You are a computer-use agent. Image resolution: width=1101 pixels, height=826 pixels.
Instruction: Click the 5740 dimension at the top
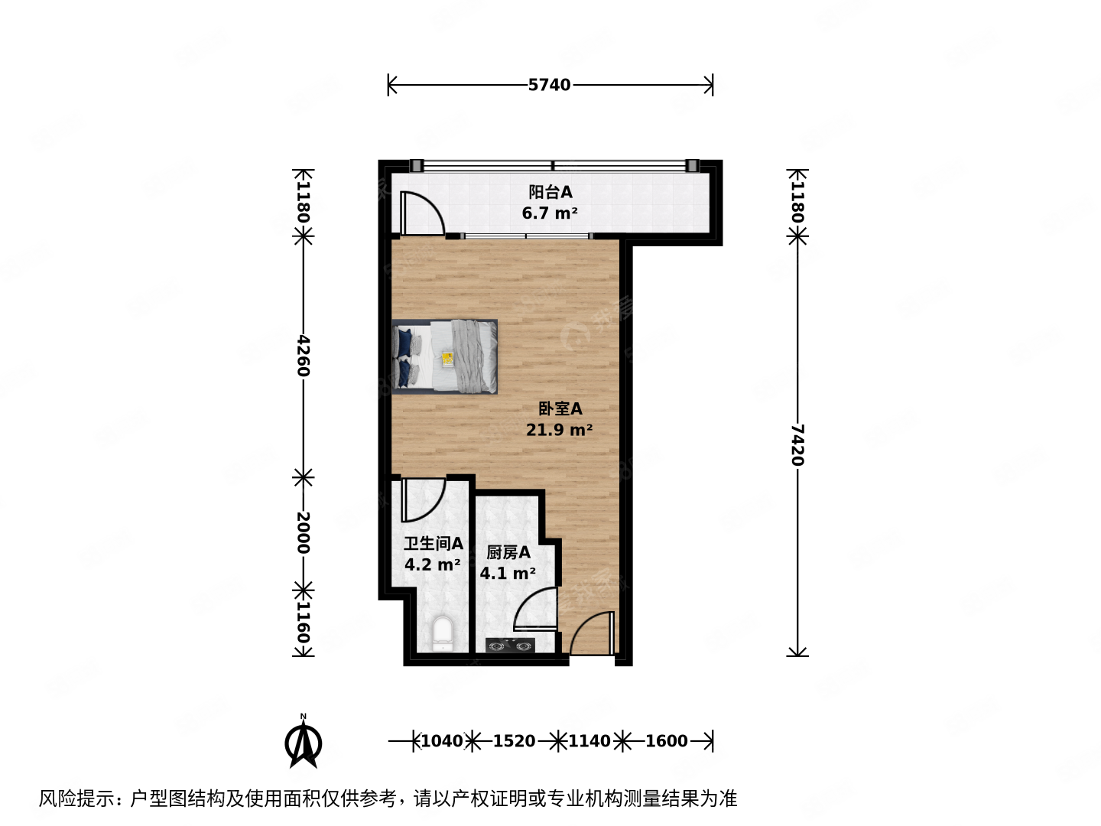(x=549, y=85)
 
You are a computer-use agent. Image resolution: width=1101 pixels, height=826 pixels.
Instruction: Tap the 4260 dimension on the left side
(x=304, y=356)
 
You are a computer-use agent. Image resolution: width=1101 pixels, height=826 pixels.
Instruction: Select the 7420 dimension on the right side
(x=797, y=445)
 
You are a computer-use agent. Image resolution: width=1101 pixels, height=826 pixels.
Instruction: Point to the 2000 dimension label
(x=304, y=533)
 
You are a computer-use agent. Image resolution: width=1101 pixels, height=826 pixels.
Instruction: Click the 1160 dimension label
(x=304, y=623)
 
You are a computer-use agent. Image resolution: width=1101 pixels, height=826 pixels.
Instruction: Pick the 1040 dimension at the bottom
(x=442, y=740)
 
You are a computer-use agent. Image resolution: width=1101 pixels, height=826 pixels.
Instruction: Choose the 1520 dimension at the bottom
(x=514, y=740)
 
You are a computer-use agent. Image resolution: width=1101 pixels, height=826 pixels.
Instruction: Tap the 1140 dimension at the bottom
(x=589, y=740)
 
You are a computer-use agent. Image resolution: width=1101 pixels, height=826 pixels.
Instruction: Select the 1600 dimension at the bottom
(x=666, y=740)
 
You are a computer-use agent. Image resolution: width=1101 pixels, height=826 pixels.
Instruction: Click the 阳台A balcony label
(x=550, y=193)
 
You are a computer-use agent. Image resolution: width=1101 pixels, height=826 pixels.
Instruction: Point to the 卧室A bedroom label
(x=560, y=409)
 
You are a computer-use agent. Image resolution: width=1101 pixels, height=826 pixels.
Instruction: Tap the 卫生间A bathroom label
(x=433, y=544)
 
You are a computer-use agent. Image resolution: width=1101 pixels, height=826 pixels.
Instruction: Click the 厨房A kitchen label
(x=508, y=552)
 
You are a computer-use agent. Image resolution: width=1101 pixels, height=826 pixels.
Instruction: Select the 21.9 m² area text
(x=559, y=430)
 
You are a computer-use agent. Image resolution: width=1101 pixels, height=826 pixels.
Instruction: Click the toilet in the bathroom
(x=442, y=634)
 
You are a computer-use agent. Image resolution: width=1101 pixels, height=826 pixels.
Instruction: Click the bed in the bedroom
(x=446, y=356)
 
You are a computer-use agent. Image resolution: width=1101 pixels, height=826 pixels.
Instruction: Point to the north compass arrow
(x=304, y=741)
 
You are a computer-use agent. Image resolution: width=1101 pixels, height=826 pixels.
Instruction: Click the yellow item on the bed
(x=447, y=357)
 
